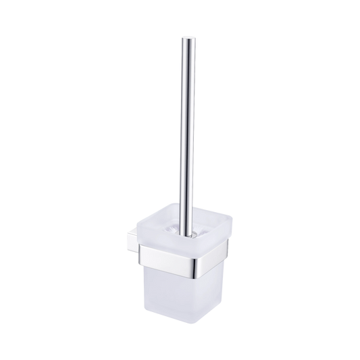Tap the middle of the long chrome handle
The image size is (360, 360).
185,128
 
